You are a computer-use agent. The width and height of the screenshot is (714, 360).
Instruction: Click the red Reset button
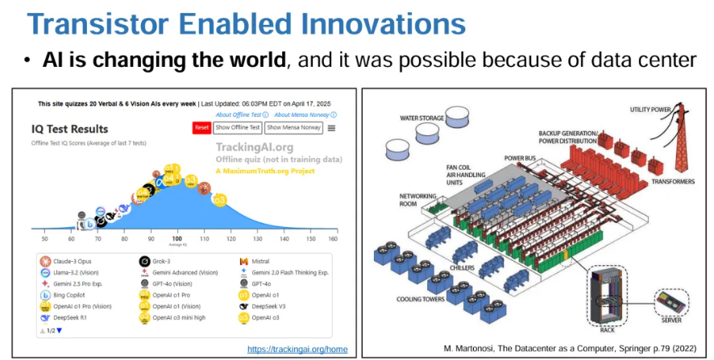tap(201, 128)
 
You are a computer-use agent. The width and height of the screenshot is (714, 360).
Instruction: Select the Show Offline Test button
tap(238, 128)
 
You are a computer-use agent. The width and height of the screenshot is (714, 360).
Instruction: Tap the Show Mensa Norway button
tap(293, 128)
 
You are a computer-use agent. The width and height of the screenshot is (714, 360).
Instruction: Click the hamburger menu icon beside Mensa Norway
tap(331, 128)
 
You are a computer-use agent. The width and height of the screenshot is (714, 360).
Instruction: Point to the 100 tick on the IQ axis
tap(176, 239)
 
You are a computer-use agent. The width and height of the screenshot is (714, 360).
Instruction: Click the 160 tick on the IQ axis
tap(332, 239)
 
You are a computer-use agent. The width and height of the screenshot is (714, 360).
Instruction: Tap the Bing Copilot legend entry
tap(71, 296)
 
